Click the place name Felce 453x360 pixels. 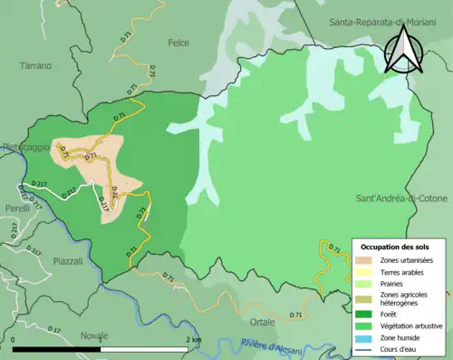point(179,43)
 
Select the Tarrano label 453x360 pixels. point(35,65)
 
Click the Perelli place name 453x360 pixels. point(17,208)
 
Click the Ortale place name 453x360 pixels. point(261,322)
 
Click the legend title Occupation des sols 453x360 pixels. point(396,247)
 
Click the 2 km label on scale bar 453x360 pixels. point(194,339)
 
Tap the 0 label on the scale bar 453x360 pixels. point(14,339)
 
